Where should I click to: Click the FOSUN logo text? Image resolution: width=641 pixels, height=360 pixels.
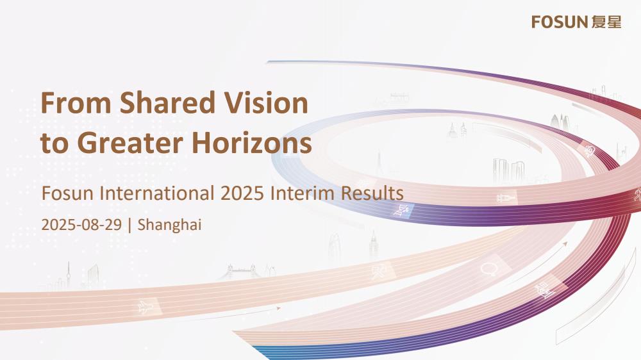click(559, 22)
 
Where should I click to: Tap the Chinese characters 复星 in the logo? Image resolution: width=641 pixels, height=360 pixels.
click(606, 22)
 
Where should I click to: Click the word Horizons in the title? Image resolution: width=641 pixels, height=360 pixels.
click(252, 143)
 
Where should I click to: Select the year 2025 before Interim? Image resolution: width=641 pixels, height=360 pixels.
click(242, 193)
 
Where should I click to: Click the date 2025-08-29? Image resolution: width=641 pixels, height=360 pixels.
click(81, 225)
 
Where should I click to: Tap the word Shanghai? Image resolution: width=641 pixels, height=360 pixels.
click(169, 225)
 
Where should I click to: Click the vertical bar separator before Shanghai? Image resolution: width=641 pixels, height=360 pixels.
click(129, 225)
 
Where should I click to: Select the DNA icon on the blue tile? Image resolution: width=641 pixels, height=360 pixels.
click(401, 211)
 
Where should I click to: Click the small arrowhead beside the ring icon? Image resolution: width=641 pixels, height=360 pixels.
click(565, 244)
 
